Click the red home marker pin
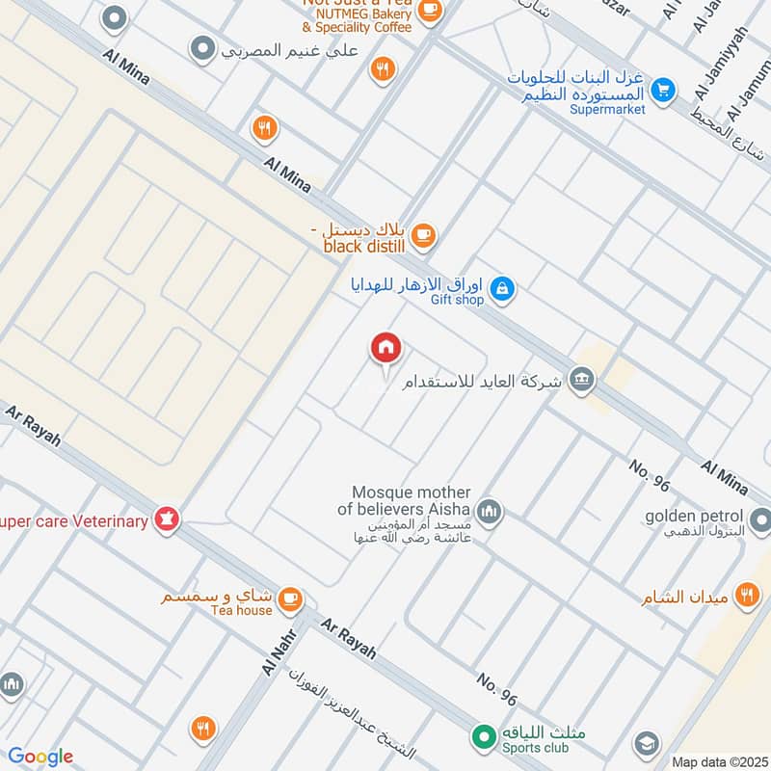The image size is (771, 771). (x=385, y=348)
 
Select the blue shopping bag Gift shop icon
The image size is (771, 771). (x=501, y=287)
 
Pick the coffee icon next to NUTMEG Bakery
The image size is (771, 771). (x=430, y=11)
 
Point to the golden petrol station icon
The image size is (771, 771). (x=761, y=522)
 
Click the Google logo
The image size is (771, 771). (x=40, y=757)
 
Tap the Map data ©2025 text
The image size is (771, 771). (x=718, y=761)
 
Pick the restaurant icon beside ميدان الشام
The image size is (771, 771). (x=746, y=596)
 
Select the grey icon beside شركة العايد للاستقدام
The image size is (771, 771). (x=581, y=379)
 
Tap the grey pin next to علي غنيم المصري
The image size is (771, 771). (x=202, y=47)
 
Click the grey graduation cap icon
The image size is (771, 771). (x=647, y=744)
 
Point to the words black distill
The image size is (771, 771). (x=364, y=247)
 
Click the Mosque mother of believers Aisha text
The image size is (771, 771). (x=410, y=500)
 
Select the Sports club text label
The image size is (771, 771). (x=534, y=748)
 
